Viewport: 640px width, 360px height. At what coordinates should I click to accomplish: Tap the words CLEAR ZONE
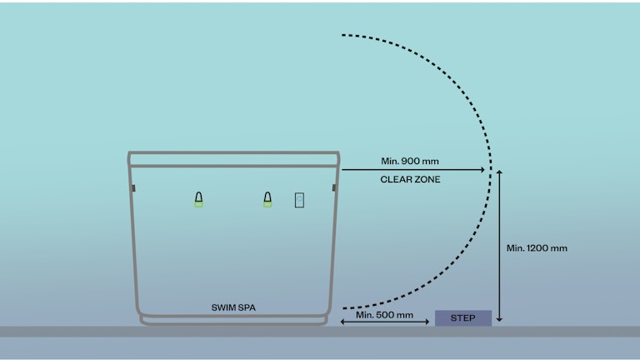click(x=410, y=179)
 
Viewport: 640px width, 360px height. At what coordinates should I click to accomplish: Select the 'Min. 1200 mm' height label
click(x=537, y=247)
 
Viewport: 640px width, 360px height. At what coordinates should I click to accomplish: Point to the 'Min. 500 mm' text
click(x=384, y=314)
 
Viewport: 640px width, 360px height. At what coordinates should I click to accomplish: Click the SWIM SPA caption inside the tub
click(x=233, y=307)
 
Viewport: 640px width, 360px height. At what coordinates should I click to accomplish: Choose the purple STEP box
click(x=462, y=317)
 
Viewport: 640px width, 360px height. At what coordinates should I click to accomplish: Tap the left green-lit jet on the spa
click(x=198, y=199)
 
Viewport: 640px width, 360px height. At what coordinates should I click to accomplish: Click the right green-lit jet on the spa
click(x=267, y=199)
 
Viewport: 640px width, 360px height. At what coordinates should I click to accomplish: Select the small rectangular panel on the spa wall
click(x=299, y=199)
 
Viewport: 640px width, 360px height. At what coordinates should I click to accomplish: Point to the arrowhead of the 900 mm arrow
click(x=483, y=170)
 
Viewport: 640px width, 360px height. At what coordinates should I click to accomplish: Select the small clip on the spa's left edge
click(x=132, y=188)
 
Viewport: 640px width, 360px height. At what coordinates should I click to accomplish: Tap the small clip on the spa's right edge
click(x=334, y=188)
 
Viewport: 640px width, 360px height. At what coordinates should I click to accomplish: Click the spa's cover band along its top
click(x=233, y=159)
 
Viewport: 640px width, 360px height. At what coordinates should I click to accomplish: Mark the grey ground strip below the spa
click(x=320, y=331)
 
